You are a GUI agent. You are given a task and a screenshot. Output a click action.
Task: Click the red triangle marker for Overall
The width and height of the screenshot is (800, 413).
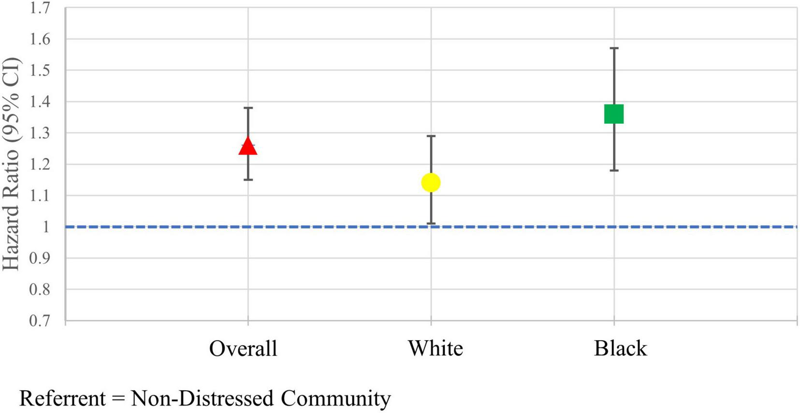click(248, 146)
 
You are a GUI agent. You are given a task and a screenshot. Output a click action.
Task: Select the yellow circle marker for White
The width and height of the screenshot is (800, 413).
click(431, 183)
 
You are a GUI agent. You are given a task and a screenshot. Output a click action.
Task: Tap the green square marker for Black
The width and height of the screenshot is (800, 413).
click(614, 114)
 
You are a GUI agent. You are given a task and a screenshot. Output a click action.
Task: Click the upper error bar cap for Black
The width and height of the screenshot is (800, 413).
click(614, 48)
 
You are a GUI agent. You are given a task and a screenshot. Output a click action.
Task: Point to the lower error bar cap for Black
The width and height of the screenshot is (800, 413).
click(614, 171)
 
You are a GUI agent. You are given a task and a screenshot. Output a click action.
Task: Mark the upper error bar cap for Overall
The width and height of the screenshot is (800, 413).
click(248, 108)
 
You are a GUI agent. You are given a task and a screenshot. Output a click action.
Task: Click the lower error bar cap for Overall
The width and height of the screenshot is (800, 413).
click(248, 180)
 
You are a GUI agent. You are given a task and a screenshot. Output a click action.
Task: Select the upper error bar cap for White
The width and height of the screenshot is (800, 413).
click(431, 136)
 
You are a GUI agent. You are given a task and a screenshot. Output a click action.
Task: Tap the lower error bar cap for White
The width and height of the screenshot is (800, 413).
click(431, 224)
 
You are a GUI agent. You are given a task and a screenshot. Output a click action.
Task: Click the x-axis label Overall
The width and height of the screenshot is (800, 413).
click(243, 348)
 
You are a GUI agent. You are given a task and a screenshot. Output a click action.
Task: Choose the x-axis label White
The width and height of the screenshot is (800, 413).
click(435, 348)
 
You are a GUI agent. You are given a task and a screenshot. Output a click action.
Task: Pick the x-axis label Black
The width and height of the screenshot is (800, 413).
click(620, 348)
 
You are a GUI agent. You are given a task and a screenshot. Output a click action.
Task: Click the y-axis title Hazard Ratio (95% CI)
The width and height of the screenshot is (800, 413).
click(12, 164)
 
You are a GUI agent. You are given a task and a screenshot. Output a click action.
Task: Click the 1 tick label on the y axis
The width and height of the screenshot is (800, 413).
click(46, 227)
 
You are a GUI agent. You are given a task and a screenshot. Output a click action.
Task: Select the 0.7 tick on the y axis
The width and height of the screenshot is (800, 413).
click(40, 320)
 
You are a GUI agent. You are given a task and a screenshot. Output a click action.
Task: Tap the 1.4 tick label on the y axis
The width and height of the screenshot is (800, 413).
click(40, 101)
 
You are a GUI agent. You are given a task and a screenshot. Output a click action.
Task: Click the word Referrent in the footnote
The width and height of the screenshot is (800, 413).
click(62, 399)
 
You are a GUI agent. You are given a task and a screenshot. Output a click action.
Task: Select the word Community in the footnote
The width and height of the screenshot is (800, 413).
click(335, 399)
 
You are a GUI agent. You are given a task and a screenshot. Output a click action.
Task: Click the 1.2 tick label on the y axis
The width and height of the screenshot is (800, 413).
click(40, 164)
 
